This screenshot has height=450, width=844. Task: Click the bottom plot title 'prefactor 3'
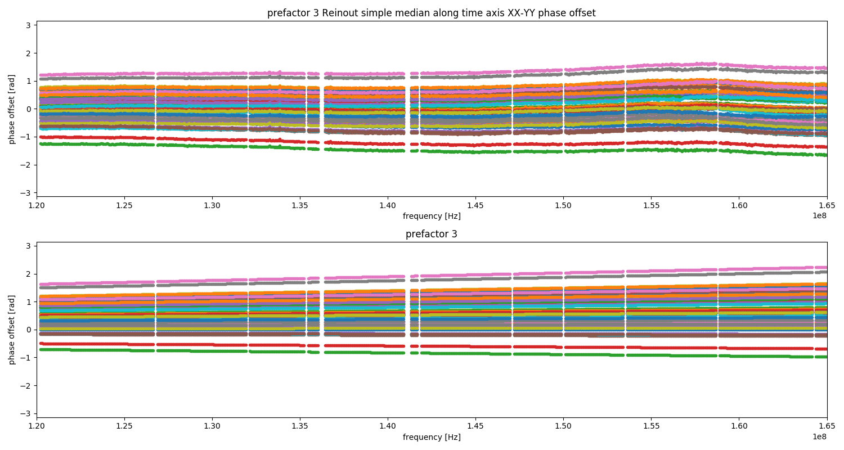(x=432, y=234)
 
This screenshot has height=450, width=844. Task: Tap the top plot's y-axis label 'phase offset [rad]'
(x=12, y=109)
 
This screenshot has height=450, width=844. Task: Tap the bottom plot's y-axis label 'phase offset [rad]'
(x=12, y=330)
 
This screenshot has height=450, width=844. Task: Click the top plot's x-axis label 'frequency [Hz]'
(x=432, y=216)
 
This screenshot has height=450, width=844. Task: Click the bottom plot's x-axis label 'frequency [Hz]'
(x=432, y=437)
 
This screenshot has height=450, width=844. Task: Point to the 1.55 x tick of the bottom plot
(x=651, y=418)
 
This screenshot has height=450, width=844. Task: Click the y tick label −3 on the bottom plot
(x=26, y=413)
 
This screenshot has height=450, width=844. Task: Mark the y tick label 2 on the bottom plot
(x=29, y=274)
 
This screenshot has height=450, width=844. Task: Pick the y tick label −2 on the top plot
(x=26, y=165)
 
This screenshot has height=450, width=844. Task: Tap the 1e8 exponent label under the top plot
(x=820, y=215)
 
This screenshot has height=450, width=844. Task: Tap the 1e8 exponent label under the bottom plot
(x=820, y=436)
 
